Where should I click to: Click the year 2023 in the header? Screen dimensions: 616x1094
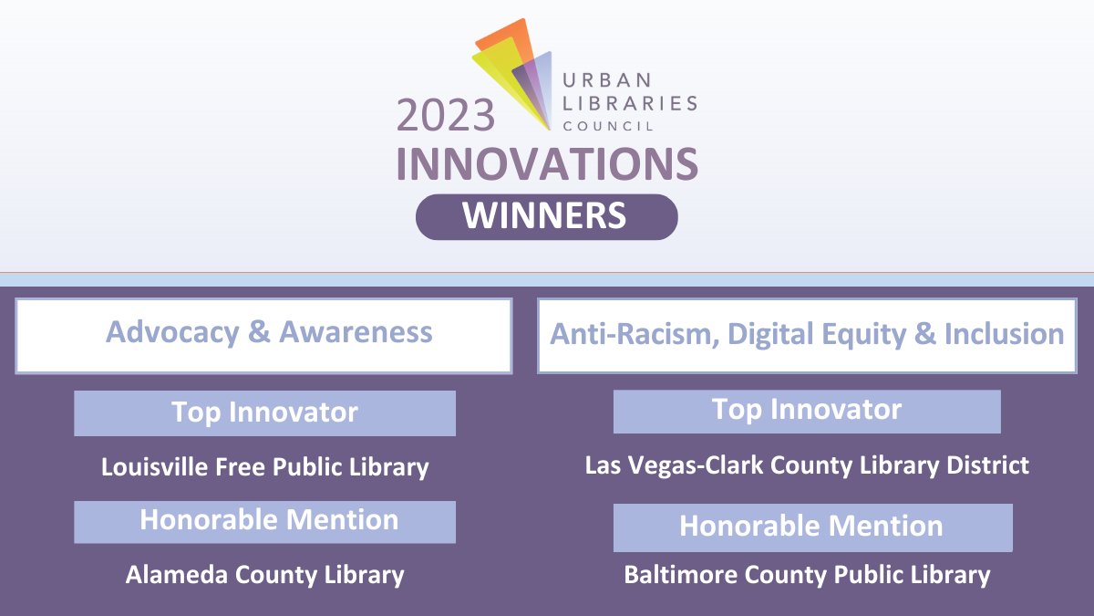point(445,116)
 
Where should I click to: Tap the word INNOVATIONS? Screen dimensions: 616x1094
point(547,164)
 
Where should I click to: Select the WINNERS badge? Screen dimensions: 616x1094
point(546,216)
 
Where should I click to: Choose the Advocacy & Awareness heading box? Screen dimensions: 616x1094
point(263,335)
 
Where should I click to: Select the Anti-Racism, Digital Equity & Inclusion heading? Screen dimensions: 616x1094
point(807,335)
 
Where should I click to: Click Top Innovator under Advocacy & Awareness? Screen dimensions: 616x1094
point(264,412)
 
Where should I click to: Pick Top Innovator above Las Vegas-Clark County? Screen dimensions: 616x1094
point(807,411)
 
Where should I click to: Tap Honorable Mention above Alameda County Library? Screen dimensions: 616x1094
point(264,521)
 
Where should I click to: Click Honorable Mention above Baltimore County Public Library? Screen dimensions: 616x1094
point(812,527)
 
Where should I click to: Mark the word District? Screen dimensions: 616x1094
point(989,465)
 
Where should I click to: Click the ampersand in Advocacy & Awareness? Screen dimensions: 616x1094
point(259,332)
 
